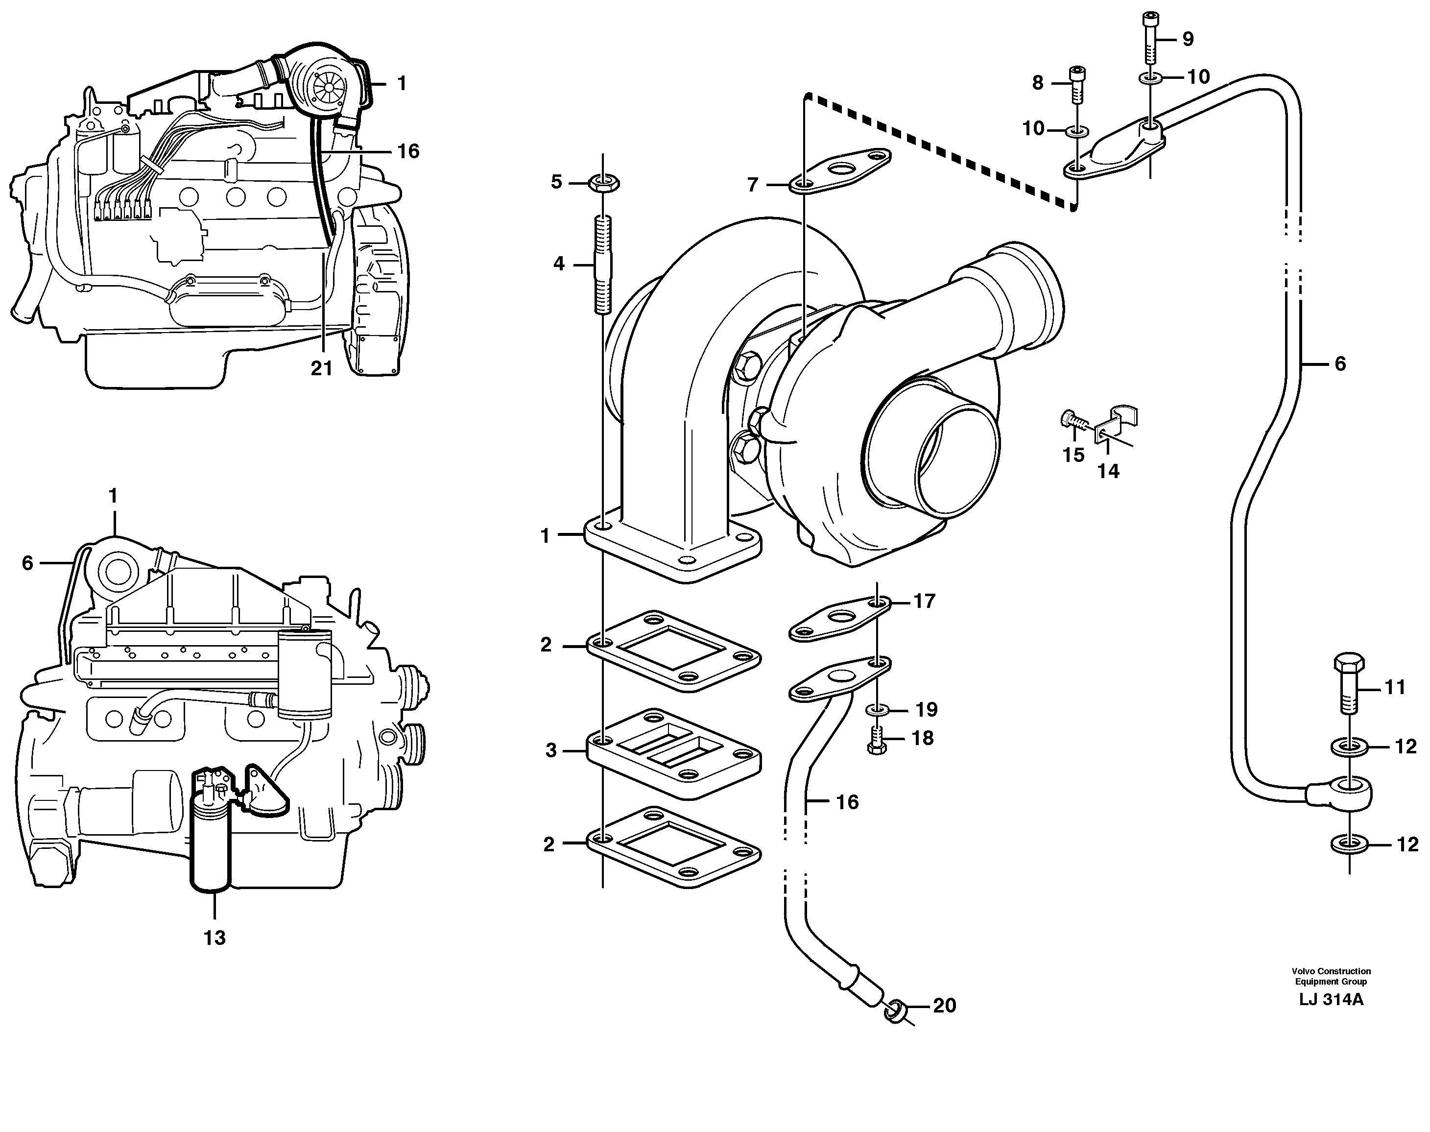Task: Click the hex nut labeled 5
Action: (603, 182)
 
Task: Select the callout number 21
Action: (321, 368)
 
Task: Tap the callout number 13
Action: (214, 938)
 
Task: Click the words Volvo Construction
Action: (1331, 971)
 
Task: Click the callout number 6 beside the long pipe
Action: (1340, 363)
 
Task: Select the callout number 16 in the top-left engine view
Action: (408, 151)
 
